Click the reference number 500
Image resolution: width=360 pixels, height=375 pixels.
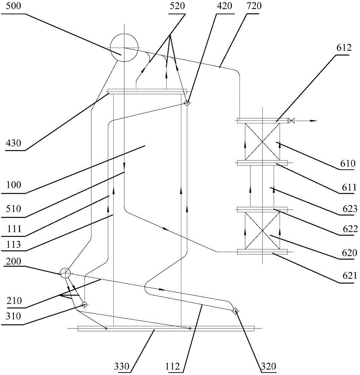click(14, 6)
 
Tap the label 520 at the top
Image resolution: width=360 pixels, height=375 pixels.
click(177, 6)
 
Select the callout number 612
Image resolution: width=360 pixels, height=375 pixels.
click(344, 48)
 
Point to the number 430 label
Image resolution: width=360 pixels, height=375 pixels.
click(14, 143)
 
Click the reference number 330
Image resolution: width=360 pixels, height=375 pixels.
click(122, 366)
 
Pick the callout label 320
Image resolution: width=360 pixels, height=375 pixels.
click(268, 366)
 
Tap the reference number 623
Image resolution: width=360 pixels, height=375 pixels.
click(350, 209)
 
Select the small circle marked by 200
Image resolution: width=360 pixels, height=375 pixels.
click(65, 273)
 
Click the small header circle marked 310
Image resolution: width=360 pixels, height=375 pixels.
click(84, 304)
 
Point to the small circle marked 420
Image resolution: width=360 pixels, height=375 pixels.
click(187, 103)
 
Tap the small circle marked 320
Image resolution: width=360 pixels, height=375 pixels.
click(235, 311)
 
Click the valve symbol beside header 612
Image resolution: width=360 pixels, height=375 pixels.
click(292, 121)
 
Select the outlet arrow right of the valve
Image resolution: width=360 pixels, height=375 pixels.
click(306, 121)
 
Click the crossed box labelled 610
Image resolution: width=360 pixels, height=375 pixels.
click(262, 142)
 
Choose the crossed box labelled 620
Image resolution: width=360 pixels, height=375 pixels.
click(262, 231)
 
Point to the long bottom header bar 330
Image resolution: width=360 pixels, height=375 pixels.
click(166, 328)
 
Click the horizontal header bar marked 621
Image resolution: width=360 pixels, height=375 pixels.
click(262, 252)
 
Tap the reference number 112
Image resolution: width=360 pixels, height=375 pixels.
click(172, 366)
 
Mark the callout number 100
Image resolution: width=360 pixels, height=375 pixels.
click(14, 184)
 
